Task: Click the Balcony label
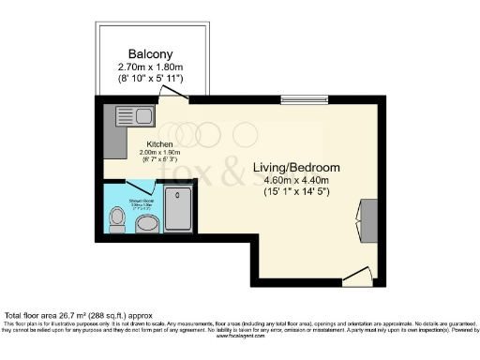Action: [149, 52]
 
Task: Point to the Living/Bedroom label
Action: [296, 168]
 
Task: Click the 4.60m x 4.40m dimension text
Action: [296, 182]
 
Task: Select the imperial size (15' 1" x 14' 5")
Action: [296, 196]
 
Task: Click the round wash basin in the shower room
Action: [147, 225]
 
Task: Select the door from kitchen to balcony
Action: [177, 90]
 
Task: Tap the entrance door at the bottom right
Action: [355, 274]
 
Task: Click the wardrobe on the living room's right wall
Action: [368, 218]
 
